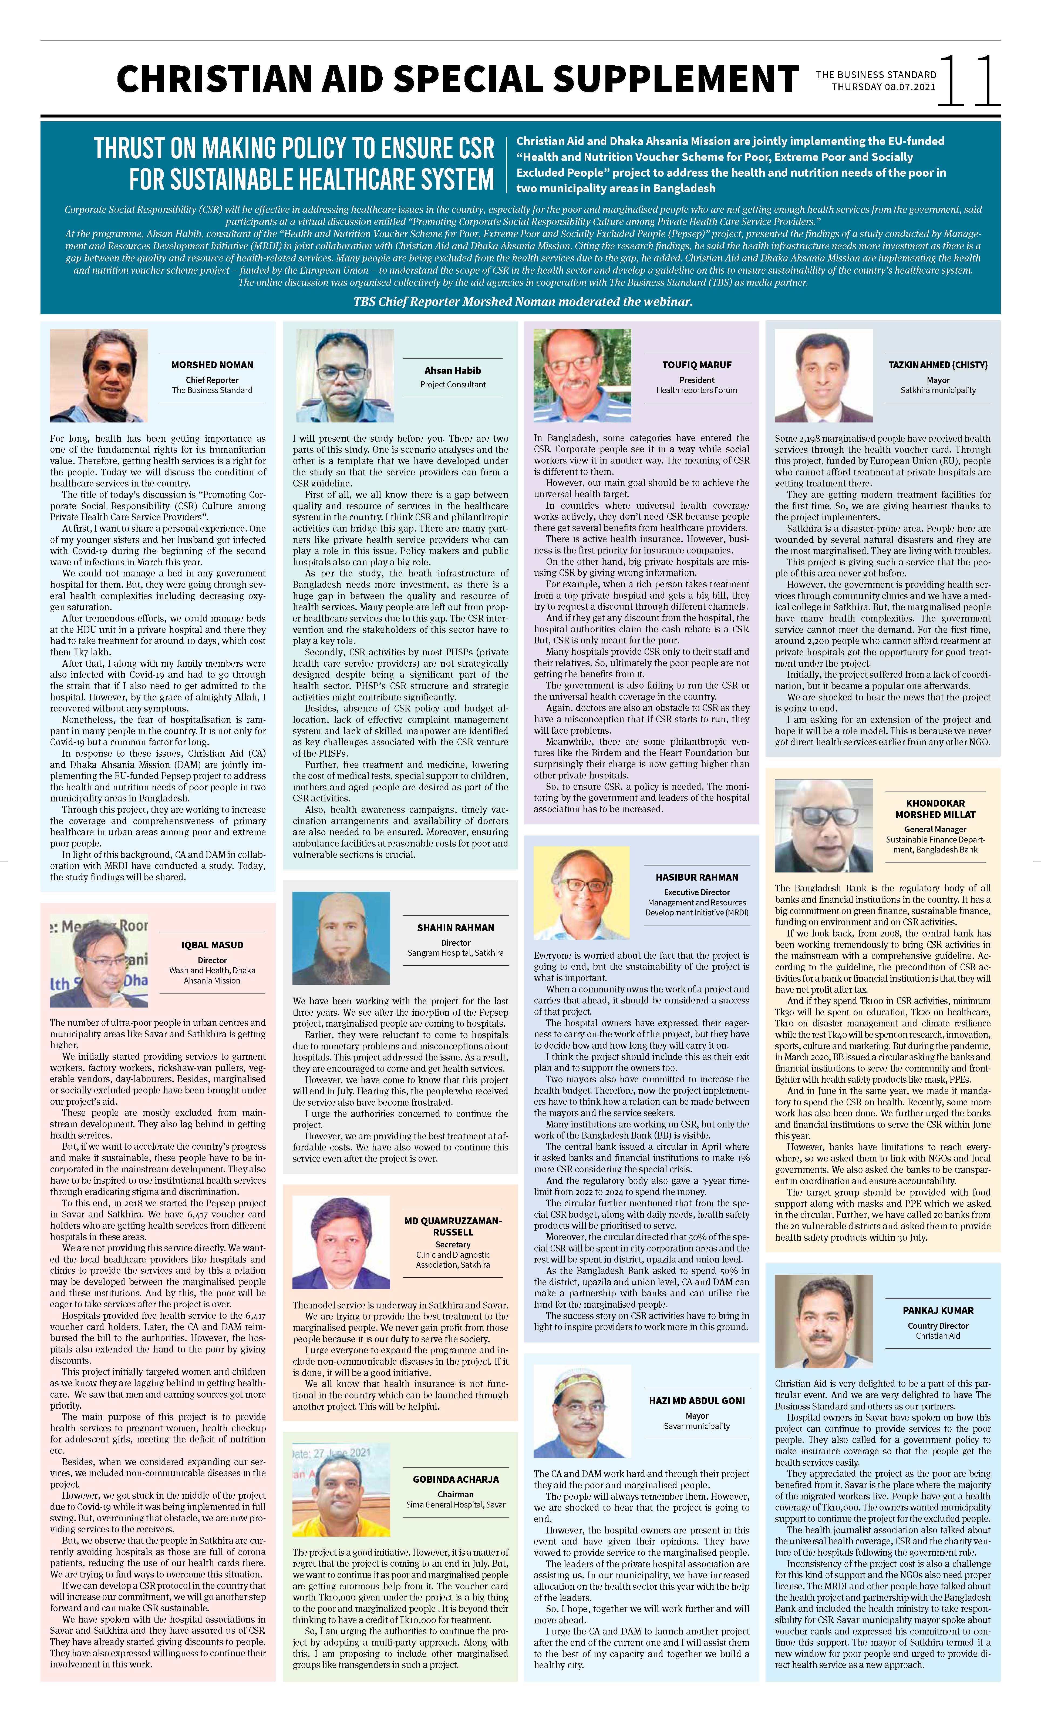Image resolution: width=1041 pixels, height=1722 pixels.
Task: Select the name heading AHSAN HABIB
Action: (x=453, y=370)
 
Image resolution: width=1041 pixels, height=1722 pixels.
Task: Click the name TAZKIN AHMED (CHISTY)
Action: (x=938, y=365)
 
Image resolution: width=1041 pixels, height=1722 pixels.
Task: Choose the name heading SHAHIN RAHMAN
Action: (x=456, y=927)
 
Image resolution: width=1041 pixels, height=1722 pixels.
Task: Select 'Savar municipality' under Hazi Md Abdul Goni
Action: (x=696, y=1426)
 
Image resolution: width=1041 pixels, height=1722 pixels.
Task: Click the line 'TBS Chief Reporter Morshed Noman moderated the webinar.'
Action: (x=523, y=302)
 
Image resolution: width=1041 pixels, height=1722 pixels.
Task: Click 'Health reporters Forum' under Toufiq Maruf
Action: (x=696, y=390)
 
